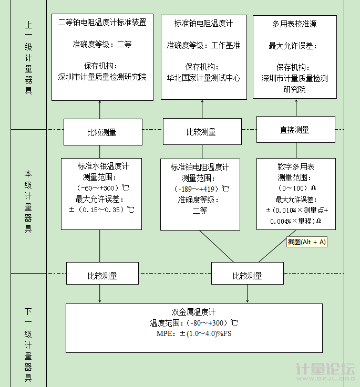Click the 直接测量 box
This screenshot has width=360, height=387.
(296, 130)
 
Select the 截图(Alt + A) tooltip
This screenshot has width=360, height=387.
(306, 242)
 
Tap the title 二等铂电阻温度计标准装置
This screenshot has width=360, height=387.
(102, 23)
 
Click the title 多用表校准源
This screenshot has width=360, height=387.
(294, 24)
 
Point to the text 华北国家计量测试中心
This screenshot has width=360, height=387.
(203, 78)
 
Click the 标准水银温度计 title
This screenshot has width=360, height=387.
(103, 166)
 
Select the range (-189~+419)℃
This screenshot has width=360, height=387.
(201, 189)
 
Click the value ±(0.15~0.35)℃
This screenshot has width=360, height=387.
(101, 210)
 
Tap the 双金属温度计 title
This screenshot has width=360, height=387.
(193, 312)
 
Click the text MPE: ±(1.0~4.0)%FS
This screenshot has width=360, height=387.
(194, 333)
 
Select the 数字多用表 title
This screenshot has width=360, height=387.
(296, 166)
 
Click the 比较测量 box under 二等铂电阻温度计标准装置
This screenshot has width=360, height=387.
(103, 132)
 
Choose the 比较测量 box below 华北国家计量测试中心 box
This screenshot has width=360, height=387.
(202, 132)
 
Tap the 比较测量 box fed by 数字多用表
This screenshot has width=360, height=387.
(248, 273)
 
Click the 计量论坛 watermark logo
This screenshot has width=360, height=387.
(325, 371)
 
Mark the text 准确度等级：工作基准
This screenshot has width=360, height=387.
(203, 45)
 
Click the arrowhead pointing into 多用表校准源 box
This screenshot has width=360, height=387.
(296, 101)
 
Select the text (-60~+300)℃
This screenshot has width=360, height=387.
(102, 188)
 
